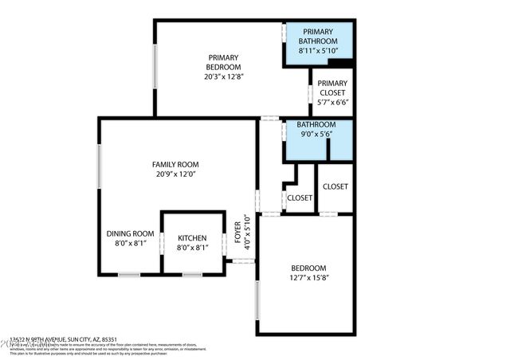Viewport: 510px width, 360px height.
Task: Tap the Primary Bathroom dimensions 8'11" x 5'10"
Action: pyautogui.click(x=318, y=51)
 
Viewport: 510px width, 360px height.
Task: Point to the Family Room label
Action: pyautogui.click(x=175, y=165)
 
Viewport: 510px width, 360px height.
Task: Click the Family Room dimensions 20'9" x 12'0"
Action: pyautogui.click(x=175, y=174)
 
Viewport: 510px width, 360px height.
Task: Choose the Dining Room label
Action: pyautogui.click(x=130, y=233)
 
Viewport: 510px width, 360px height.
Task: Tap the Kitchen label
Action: pyautogui.click(x=192, y=238)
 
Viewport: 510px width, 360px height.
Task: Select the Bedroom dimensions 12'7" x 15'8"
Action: pyautogui.click(x=308, y=278)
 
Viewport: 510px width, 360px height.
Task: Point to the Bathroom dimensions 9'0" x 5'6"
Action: pyautogui.click(x=316, y=135)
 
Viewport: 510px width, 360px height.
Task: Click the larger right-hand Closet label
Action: pyautogui.click(x=335, y=186)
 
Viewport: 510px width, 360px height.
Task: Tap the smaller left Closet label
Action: pyautogui.click(x=300, y=198)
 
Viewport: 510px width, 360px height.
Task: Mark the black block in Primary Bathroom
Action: pyautogui.click(x=339, y=63)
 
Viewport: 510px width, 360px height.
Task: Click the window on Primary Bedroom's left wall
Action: pyautogui.click(x=155, y=67)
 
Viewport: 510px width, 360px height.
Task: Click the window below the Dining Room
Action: pyautogui.click(x=129, y=275)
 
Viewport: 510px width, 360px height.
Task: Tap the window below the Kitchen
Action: pyautogui.click(x=192, y=275)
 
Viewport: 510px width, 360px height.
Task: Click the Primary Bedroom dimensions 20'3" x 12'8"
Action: pyautogui.click(x=224, y=77)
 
